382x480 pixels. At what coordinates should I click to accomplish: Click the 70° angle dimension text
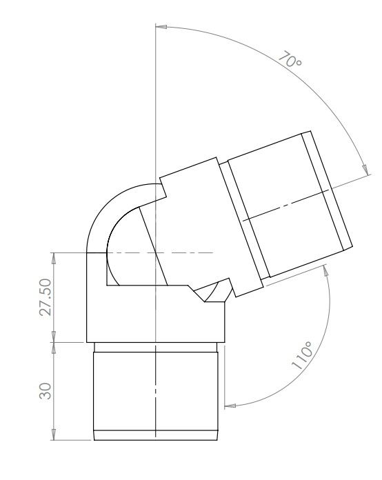pyautogui.click(x=290, y=59)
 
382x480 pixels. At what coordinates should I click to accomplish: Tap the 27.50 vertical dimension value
pyautogui.click(x=46, y=297)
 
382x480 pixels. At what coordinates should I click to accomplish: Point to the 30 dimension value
pyautogui.click(x=46, y=391)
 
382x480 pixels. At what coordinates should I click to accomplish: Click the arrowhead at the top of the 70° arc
pyautogui.click(x=161, y=28)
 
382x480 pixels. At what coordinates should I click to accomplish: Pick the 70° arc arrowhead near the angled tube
pyautogui.click(x=363, y=166)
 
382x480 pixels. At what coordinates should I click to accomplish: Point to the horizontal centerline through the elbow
pyautogui.click(x=179, y=253)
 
